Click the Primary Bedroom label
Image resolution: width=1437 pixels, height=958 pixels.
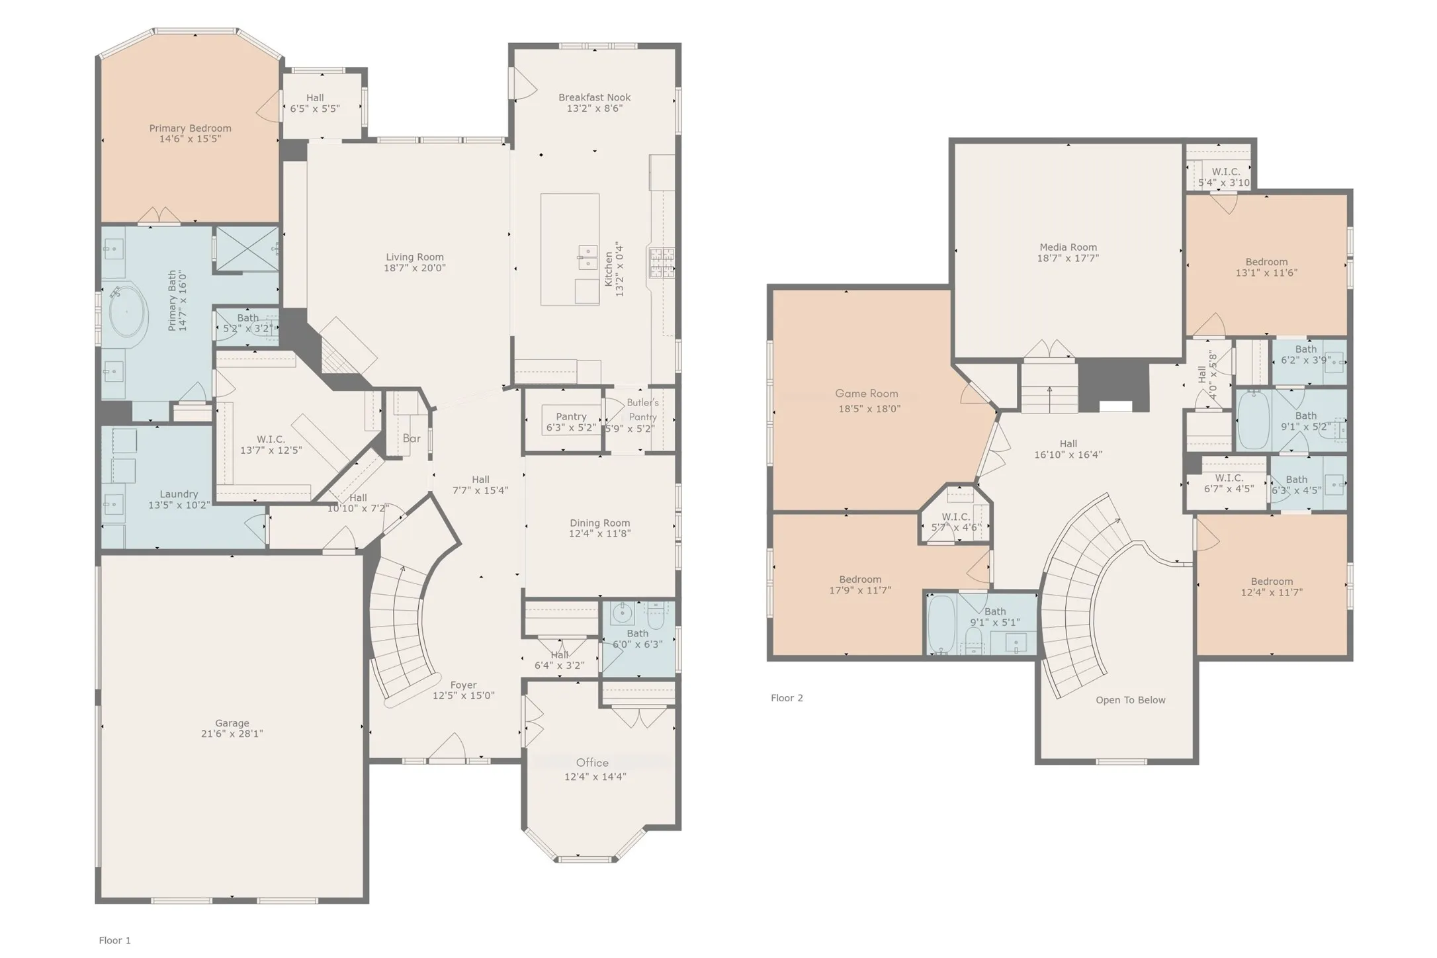click(x=190, y=128)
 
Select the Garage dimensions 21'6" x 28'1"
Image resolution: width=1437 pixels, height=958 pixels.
click(x=232, y=734)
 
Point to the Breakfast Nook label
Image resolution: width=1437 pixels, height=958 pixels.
click(x=594, y=97)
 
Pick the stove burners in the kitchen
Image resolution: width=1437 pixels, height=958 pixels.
click(x=661, y=263)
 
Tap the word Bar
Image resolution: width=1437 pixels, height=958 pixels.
click(x=412, y=438)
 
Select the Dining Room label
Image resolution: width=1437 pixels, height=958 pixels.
click(x=599, y=523)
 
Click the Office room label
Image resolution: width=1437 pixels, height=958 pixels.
click(x=591, y=763)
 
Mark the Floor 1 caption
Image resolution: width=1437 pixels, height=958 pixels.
click(x=115, y=940)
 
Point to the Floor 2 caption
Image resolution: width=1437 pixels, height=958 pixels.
click(x=787, y=698)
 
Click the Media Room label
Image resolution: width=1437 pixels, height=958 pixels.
click(x=1068, y=247)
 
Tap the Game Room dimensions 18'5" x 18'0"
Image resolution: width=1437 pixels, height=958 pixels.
click(x=869, y=409)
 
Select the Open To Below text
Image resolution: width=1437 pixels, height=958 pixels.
click(x=1130, y=700)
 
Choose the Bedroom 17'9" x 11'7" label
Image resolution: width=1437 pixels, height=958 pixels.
click(x=860, y=580)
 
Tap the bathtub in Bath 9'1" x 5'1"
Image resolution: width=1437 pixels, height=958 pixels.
click(x=941, y=625)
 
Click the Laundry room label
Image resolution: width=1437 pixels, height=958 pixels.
click(x=179, y=494)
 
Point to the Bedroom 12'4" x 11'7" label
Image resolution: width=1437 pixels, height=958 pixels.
click(x=1272, y=582)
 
